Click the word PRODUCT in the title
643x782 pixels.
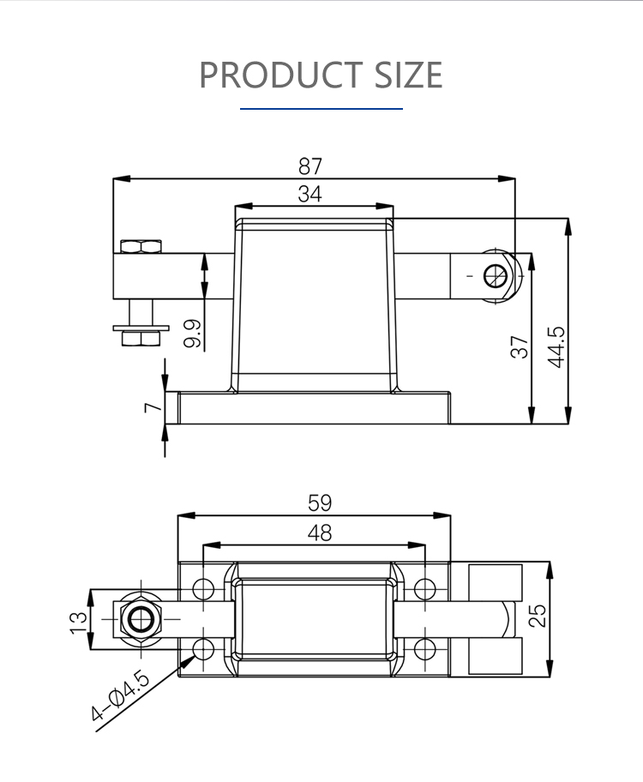280,75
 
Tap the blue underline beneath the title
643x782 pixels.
321,108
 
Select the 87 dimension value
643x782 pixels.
310,166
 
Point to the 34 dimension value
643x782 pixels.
309,194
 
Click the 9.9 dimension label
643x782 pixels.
192,334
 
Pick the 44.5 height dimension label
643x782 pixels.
556,347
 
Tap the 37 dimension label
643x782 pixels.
520,346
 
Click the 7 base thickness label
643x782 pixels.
153,407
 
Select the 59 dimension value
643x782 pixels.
319,502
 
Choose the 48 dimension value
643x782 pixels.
319,533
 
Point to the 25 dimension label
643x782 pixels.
538,616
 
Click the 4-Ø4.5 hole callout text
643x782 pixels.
120,696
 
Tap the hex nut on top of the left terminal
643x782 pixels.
141,246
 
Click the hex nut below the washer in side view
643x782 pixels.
141,339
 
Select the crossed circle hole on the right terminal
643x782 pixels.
496,276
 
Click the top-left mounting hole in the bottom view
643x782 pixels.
203,588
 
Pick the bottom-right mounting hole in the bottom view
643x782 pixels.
425,649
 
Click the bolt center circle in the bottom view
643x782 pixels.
141,619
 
